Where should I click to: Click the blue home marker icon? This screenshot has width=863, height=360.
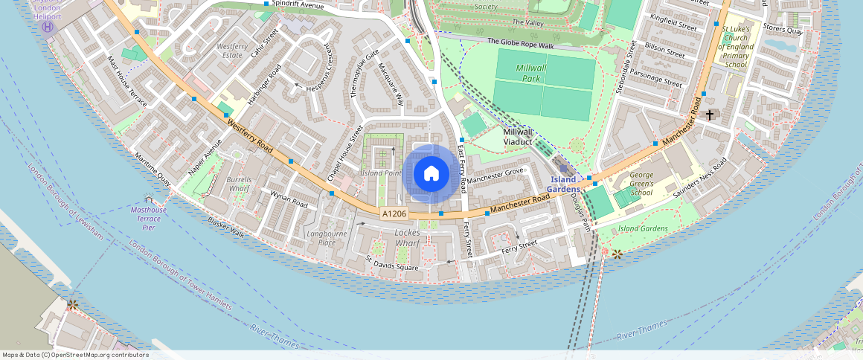coord(431,174)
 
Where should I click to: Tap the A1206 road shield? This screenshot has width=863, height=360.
coord(394,213)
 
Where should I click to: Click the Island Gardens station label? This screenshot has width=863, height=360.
coord(563,184)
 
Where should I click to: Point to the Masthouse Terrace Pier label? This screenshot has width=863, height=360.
coord(149,218)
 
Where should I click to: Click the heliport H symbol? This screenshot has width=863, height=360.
coord(48,27)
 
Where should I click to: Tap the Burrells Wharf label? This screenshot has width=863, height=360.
coord(239,184)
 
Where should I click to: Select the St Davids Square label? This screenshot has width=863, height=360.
coord(391,263)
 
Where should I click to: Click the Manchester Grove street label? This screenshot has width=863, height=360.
coord(496,176)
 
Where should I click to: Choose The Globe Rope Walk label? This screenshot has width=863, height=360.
coord(521,45)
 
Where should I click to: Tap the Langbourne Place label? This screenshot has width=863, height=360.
coord(327,238)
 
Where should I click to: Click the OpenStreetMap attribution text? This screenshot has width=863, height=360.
coord(75,355)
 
